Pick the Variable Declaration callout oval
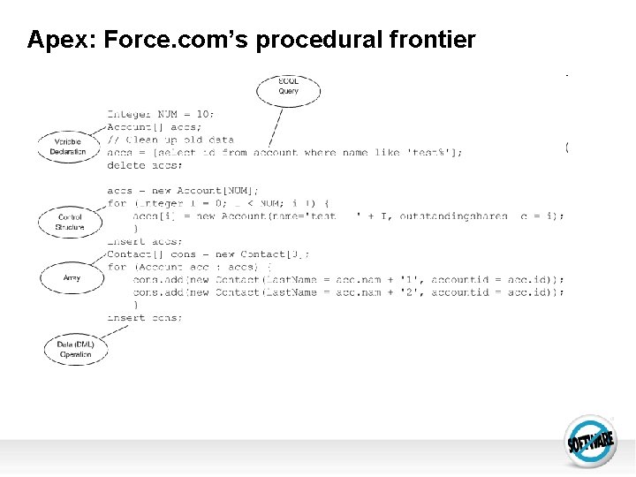coord(67,147)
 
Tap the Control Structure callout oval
coord(70,222)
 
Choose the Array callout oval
coord(72,277)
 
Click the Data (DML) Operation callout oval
coord(75,349)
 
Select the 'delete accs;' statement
coord(146,165)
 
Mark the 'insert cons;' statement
coord(145,317)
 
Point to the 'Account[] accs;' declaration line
coord(154,126)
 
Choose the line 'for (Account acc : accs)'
coord(189,267)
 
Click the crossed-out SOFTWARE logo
coord(590,439)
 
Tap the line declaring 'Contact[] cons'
coord(208,254)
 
